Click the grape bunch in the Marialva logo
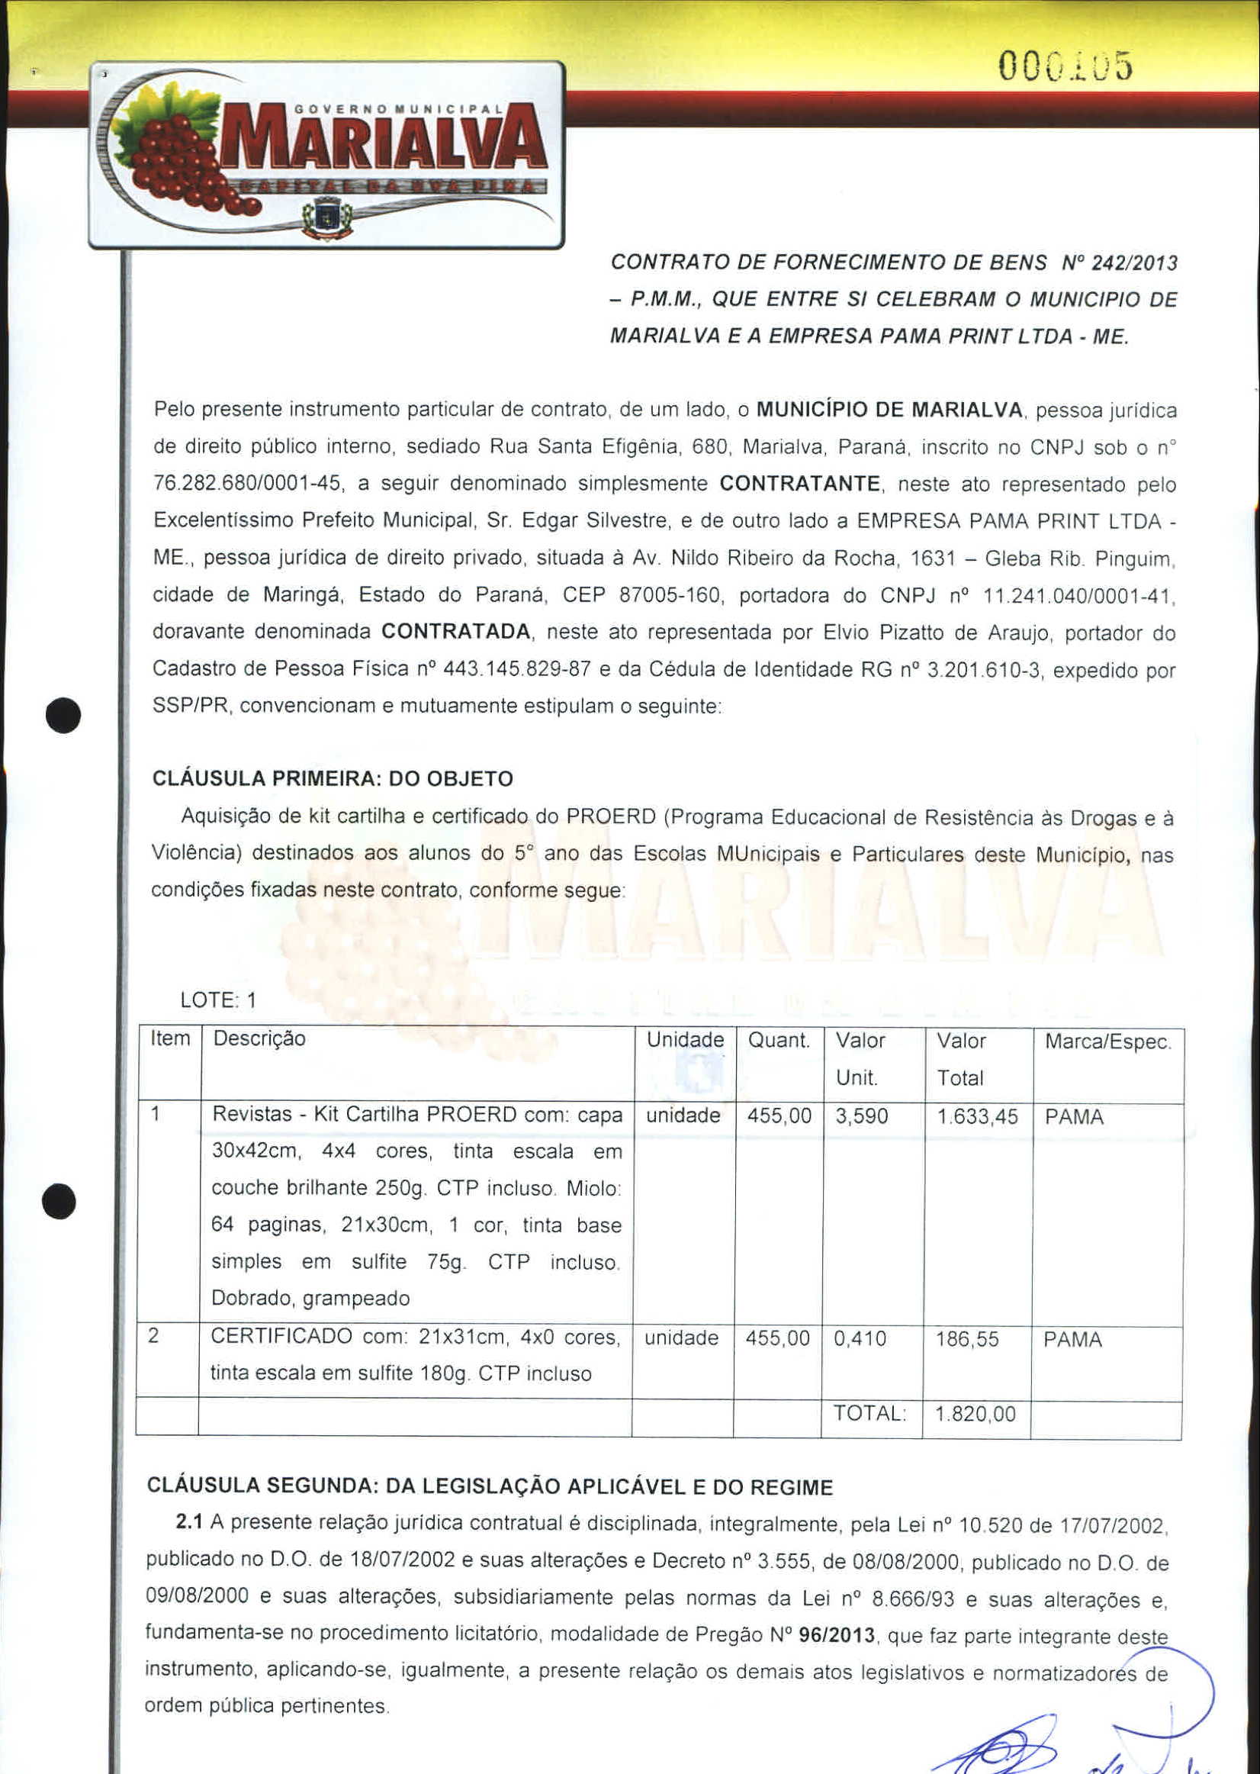pyautogui.click(x=175, y=159)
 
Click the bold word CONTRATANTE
pyautogui.click(x=800, y=484)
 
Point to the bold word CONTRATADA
pyautogui.click(x=456, y=632)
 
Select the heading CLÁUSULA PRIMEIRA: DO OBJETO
pyautogui.click(x=333, y=778)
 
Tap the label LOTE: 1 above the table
pyautogui.click(x=218, y=1000)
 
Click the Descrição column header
pyautogui.click(x=259, y=1038)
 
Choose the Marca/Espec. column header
pyautogui.click(x=1108, y=1042)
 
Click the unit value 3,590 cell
pyautogui.click(x=861, y=1116)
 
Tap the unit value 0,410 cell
pyautogui.click(x=860, y=1338)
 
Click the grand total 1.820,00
pyautogui.click(x=976, y=1414)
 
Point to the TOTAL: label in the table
pyautogui.click(x=869, y=1413)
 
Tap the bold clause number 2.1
pyautogui.click(x=188, y=1522)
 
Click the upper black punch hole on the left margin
pyautogui.click(x=63, y=716)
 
